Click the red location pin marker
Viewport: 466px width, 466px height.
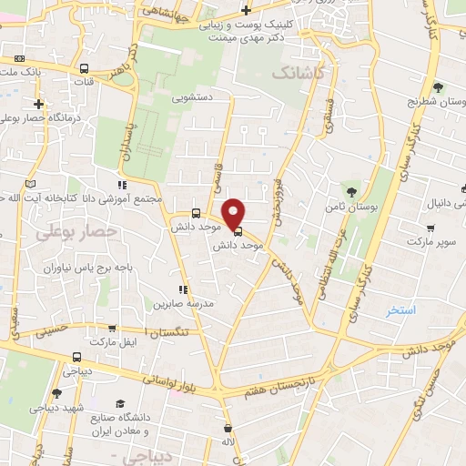[235, 213]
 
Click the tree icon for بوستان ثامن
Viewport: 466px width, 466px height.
[351, 191]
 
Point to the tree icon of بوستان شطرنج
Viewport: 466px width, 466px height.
[438, 88]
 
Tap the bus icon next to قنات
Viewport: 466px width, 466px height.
[84, 68]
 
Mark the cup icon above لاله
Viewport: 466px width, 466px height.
[228, 428]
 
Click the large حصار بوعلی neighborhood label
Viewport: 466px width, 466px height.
[77, 233]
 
